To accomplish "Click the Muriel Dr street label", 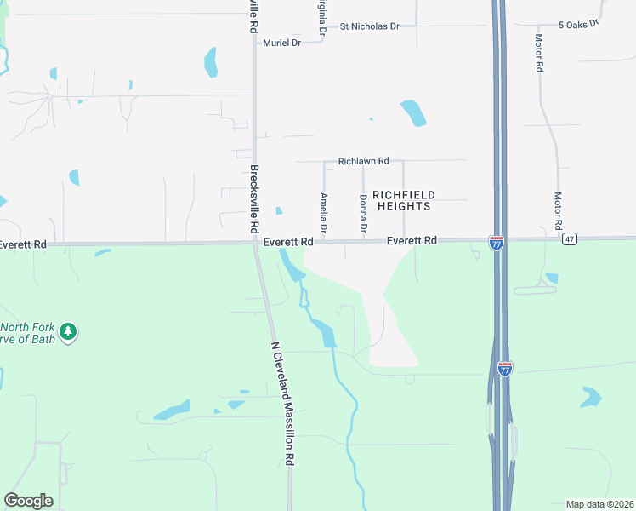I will pyautogui.click(x=282, y=43).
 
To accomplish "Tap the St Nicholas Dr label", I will pyautogui.click(x=369, y=26).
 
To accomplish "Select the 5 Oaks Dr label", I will pyautogui.click(x=578, y=26).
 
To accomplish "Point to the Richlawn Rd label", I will pyautogui.click(x=363, y=160).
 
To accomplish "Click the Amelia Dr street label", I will pyautogui.click(x=324, y=212).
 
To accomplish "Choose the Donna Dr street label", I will pyautogui.click(x=363, y=214).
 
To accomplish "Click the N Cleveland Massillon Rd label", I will pyautogui.click(x=282, y=403).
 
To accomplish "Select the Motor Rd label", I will pyautogui.click(x=559, y=210).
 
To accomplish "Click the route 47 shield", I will pyautogui.click(x=570, y=239).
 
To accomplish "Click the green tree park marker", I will pyautogui.click(x=69, y=331).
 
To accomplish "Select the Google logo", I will pyautogui.click(x=28, y=500).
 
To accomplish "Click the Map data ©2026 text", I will pyautogui.click(x=599, y=503).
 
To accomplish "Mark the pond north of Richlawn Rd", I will pyautogui.click(x=413, y=112).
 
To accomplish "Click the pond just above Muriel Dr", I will pyautogui.click(x=210, y=61).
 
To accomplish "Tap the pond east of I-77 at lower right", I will pyautogui.click(x=591, y=396).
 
